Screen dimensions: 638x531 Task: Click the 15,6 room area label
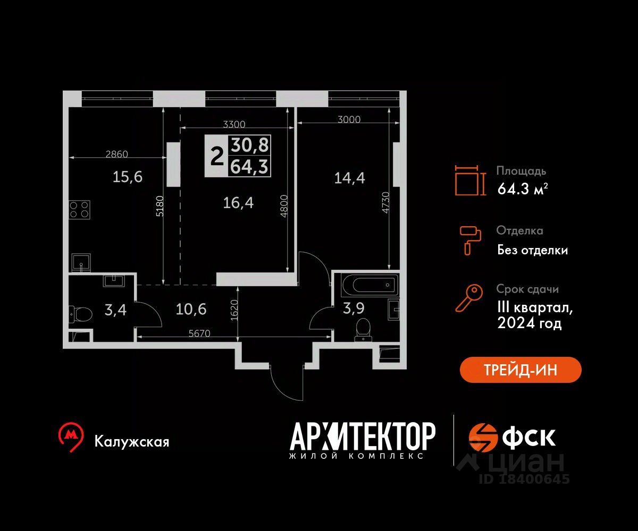[x=128, y=177]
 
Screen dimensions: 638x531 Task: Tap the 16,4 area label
[x=238, y=203]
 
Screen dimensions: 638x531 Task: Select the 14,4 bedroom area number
[x=349, y=178]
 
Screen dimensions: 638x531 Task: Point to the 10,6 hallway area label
[x=191, y=310]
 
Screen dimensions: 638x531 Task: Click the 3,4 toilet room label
[x=115, y=310]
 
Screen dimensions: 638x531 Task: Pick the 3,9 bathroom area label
[x=354, y=309]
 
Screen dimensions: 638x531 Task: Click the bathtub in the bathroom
[x=371, y=285]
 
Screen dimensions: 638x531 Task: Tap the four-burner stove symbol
[x=79, y=210]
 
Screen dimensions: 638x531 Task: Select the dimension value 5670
[x=199, y=333]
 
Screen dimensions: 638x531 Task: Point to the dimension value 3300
[x=234, y=124]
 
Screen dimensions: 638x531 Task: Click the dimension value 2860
[x=117, y=154]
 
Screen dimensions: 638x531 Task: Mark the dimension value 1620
[x=234, y=310]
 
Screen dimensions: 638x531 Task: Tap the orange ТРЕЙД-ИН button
[x=521, y=370]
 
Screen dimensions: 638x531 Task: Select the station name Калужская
[x=132, y=442]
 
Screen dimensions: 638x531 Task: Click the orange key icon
[x=469, y=298]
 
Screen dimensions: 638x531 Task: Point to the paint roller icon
[x=470, y=241]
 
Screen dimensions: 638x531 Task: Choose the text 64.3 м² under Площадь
[x=523, y=189]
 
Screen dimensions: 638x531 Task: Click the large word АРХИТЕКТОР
[x=363, y=436]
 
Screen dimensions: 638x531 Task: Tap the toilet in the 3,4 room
[x=80, y=314]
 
